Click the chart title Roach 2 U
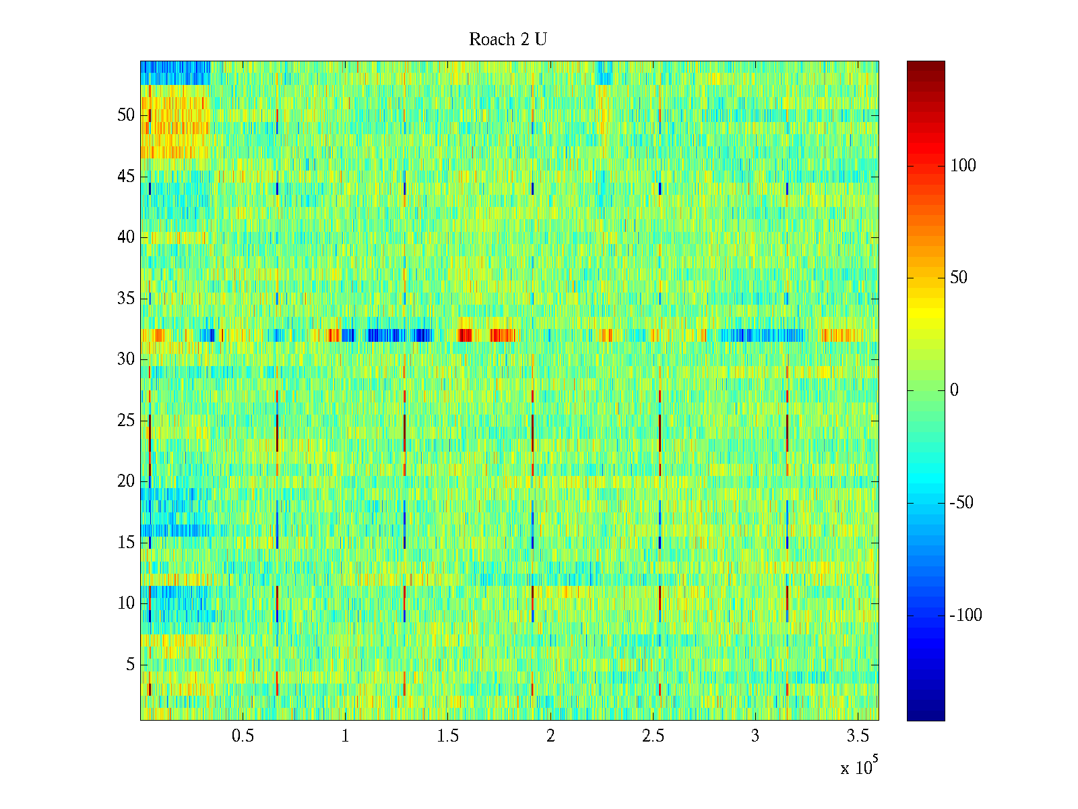click(x=508, y=40)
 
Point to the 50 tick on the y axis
click(x=126, y=115)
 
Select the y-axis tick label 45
click(x=126, y=177)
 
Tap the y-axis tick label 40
click(x=126, y=237)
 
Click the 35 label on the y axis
click(x=126, y=299)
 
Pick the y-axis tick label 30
click(x=126, y=359)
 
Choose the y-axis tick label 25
click(x=126, y=421)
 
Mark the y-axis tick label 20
click(x=126, y=481)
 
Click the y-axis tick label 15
click(x=126, y=543)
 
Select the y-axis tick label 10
click(x=126, y=603)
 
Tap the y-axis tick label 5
click(x=130, y=665)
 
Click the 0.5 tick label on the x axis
click(x=243, y=736)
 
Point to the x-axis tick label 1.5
click(x=448, y=736)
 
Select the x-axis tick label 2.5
click(x=653, y=736)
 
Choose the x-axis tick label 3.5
click(x=858, y=736)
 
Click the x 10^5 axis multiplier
click(x=859, y=767)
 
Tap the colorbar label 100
click(x=963, y=166)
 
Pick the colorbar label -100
click(x=965, y=616)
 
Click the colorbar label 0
click(x=954, y=390)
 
